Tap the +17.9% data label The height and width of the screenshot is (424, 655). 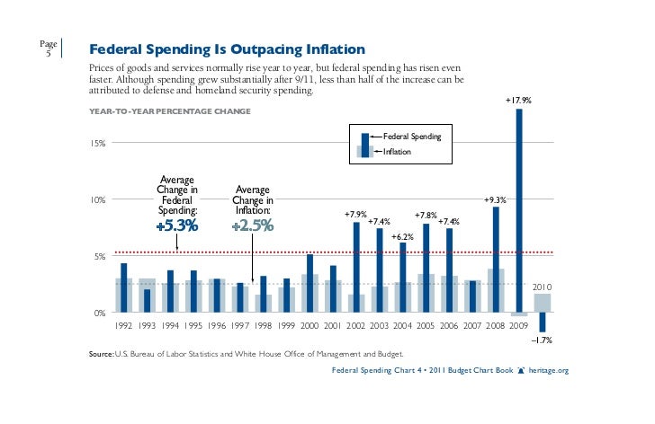[518, 102]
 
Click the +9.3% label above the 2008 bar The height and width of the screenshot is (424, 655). [495, 199]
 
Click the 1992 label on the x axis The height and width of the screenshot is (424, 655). [123, 326]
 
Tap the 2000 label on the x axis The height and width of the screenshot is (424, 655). [310, 326]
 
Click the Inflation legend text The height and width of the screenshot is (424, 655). [398, 152]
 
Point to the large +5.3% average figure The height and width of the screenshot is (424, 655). [176, 225]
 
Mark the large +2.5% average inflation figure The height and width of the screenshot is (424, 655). [252, 225]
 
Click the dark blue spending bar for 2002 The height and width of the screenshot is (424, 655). [356, 266]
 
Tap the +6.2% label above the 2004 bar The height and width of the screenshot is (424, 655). [401, 235]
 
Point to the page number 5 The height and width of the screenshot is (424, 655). [49, 53]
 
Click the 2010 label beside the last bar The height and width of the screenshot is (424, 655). [542, 287]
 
